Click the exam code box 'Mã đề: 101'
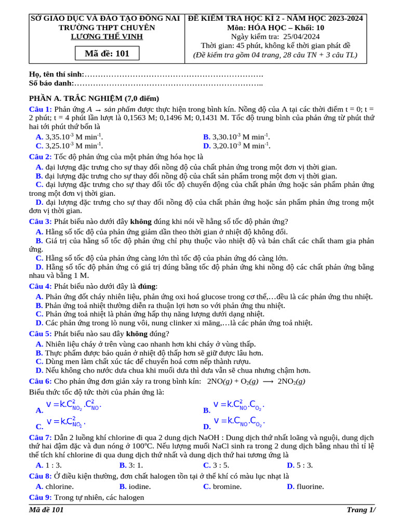pyautogui.click(x=107, y=54)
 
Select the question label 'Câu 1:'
pyautogui.click(x=40, y=109)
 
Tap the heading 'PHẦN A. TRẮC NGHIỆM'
pyautogui.click(x=94, y=98)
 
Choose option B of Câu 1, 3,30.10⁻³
pyautogui.click(x=237, y=137)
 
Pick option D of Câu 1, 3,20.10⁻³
pyautogui.click(x=237, y=146)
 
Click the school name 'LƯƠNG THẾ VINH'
pyautogui.click(x=107, y=36)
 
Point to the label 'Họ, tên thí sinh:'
pyautogui.click(x=56, y=75)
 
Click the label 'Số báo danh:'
pyautogui.click(x=51, y=83)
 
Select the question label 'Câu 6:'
pyautogui.click(x=40, y=381)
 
